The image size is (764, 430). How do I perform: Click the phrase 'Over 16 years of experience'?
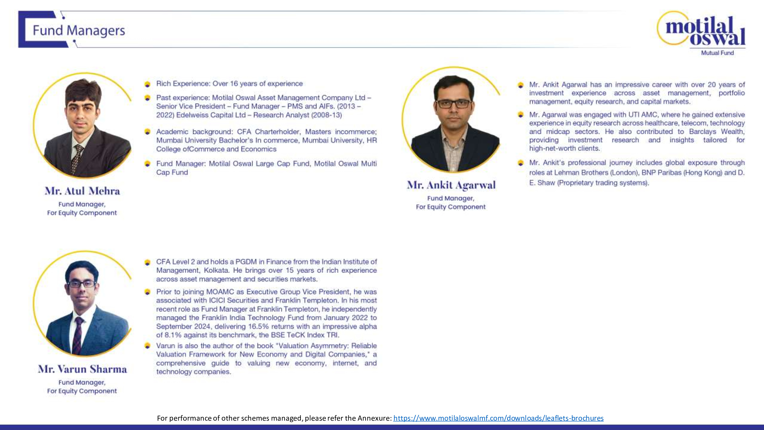pyautogui.click(x=257, y=84)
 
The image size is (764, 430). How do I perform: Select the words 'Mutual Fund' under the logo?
pyautogui.click(x=717, y=53)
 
